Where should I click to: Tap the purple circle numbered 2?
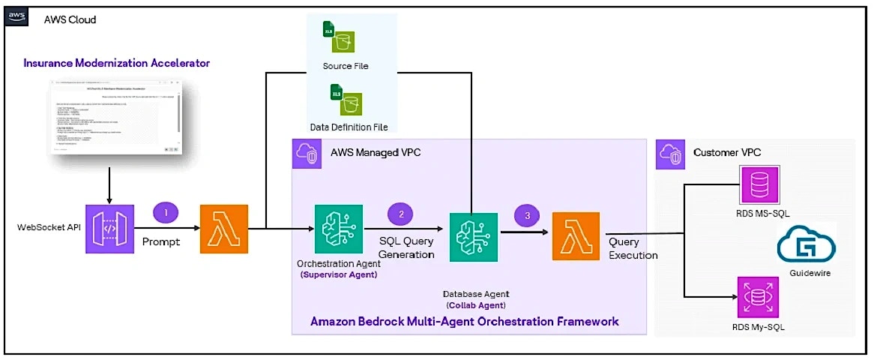pyautogui.click(x=402, y=214)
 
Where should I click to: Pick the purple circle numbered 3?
pyautogui.click(x=527, y=215)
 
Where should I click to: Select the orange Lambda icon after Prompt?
pyautogui.click(x=223, y=228)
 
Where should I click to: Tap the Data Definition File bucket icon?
pyautogui.click(x=345, y=99)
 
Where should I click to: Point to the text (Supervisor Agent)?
pyautogui.click(x=338, y=274)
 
